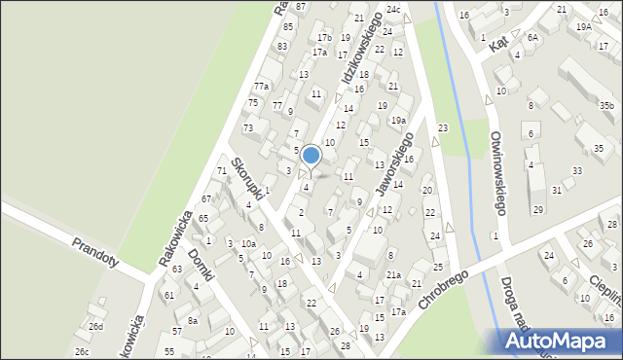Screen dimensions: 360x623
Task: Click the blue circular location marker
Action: tap(311, 155)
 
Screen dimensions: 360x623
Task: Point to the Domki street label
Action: tap(201, 264)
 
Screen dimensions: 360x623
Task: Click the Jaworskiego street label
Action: tap(393, 159)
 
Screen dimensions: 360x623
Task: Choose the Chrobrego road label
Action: tap(444, 290)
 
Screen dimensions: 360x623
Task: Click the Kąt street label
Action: tap(499, 45)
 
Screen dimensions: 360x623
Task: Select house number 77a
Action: tap(262, 87)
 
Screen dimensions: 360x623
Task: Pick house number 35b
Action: tap(606, 105)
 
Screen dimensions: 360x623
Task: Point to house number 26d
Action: tap(95, 326)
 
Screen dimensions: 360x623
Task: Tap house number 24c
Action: tap(392, 10)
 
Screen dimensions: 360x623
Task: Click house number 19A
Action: tap(583, 27)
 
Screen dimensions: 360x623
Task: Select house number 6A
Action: tap(532, 37)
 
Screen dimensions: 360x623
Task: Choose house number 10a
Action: tap(249, 243)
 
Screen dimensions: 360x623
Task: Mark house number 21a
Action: tap(392, 275)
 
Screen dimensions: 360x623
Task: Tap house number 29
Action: tap(537, 210)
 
